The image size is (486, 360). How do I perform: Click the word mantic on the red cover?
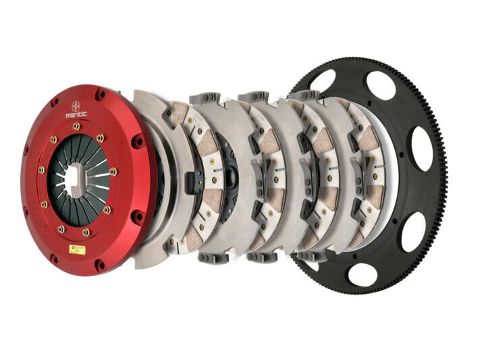(76, 114)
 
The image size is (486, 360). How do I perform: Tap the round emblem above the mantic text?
(76, 105)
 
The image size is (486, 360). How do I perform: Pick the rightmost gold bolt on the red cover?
(113, 172)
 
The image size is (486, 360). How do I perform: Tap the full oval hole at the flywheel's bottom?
(362, 274)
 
